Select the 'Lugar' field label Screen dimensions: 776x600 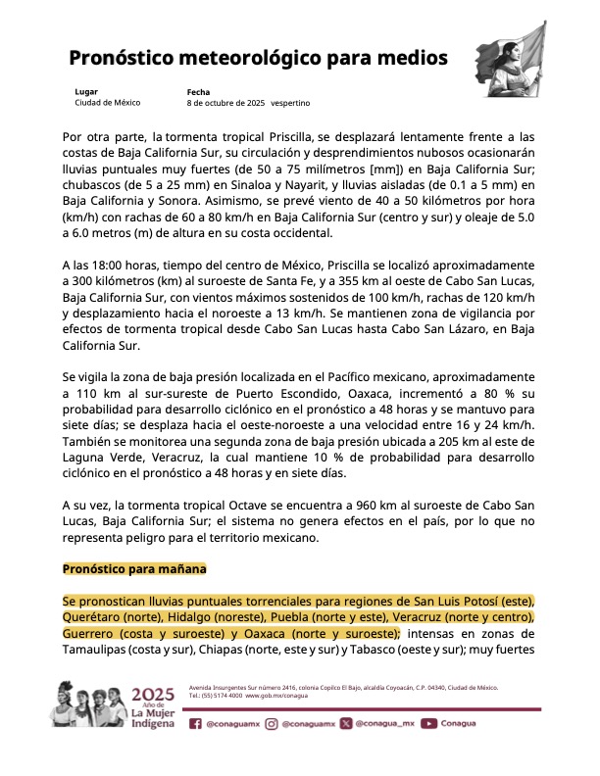point(86,92)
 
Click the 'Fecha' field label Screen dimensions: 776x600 point(198,92)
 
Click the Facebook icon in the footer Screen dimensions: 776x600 point(196,724)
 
